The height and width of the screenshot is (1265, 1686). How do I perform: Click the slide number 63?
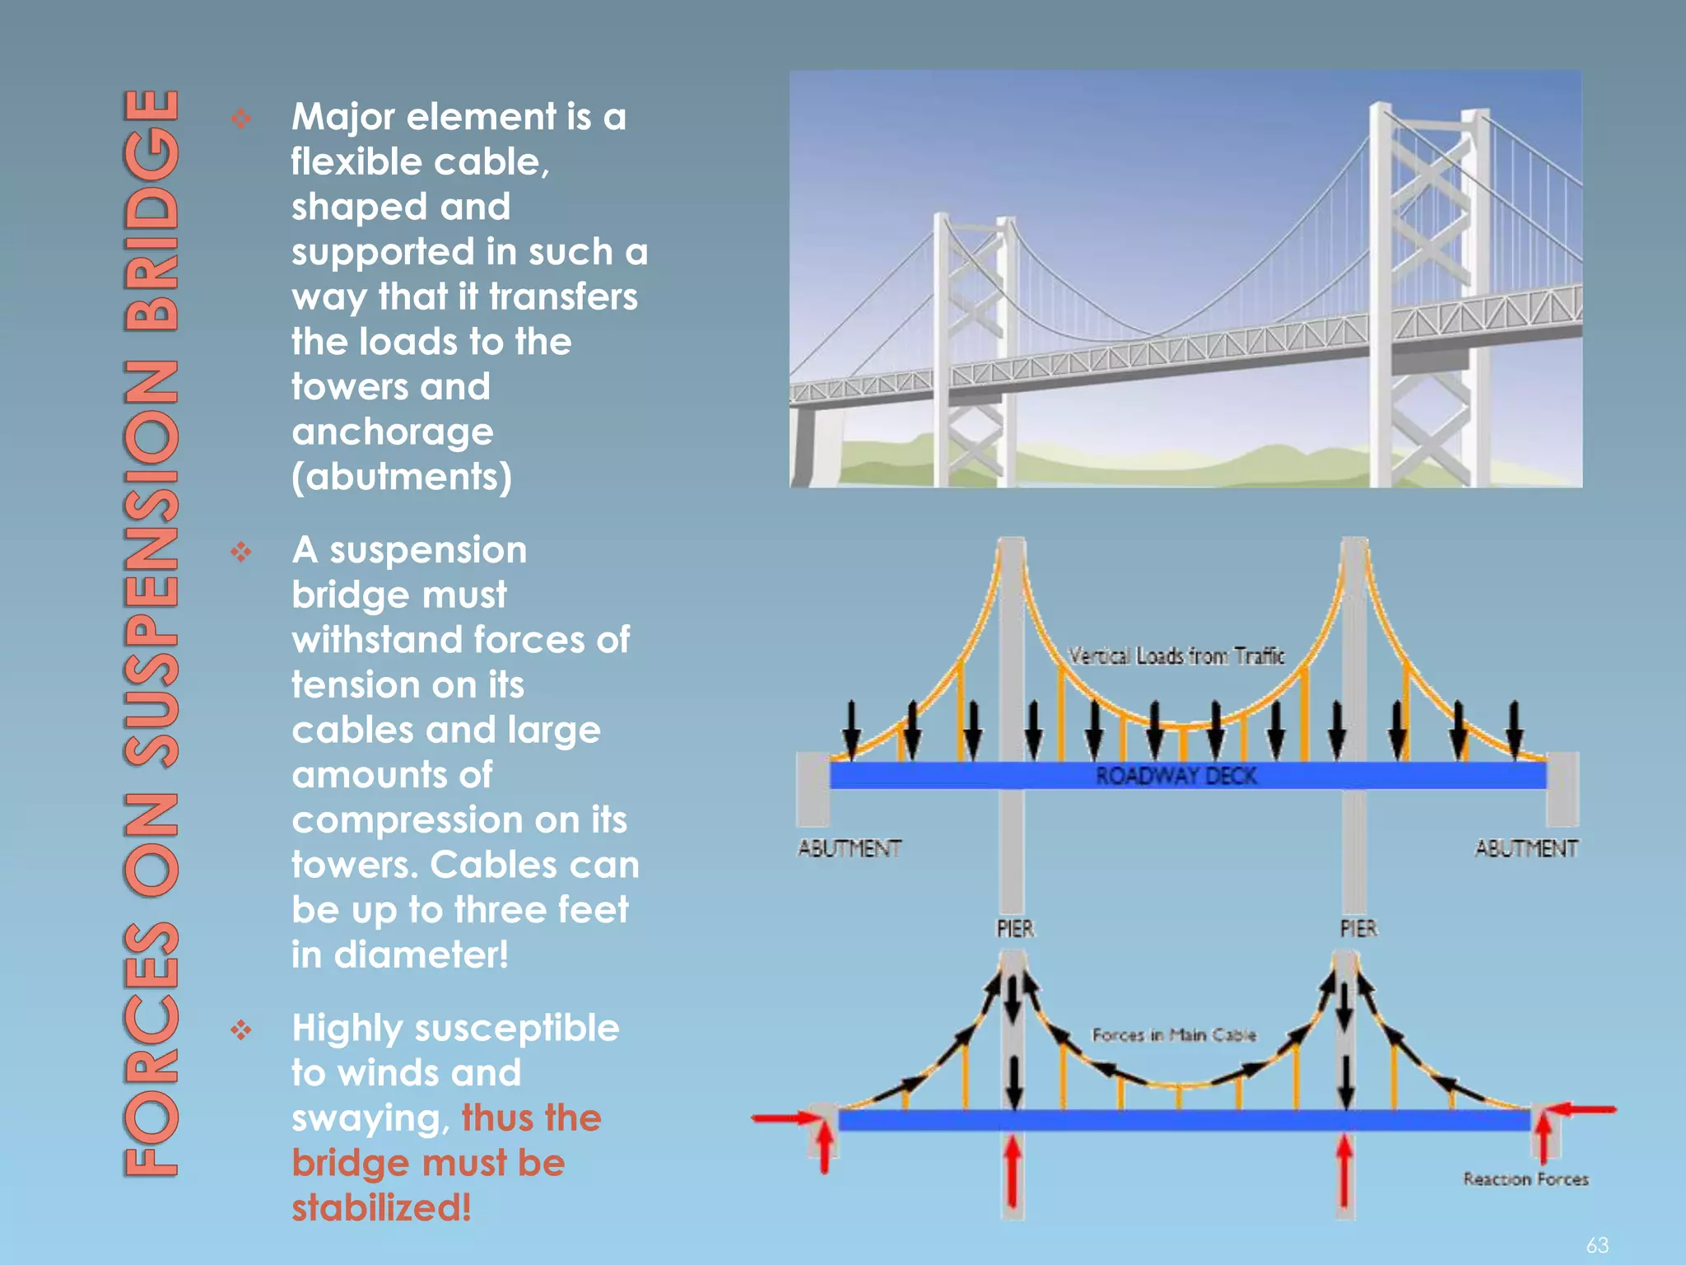(x=1597, y=1244)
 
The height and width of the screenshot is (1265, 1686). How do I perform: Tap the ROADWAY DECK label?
(x=1176, y=776)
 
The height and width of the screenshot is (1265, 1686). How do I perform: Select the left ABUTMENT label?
(x=850, y=848)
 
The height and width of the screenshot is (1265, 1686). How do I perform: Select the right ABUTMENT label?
(x=1526, y=848)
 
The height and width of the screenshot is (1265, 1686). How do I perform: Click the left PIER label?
(x=1014, y=929)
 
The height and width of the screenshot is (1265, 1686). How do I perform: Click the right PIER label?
(x=1358, y=929)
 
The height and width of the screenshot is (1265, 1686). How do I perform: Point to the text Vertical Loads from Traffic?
(x=1176, y=656)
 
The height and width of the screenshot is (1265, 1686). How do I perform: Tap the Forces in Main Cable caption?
(x=1174, y=1035)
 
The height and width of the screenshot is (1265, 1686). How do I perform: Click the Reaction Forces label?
(x=1525, y=1179)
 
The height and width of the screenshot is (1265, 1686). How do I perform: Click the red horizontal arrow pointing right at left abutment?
(x=786, y=1118)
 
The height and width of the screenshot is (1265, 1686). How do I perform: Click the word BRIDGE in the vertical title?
(x=151, y=210)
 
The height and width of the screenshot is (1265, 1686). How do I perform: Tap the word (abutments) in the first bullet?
(x=402, y=477)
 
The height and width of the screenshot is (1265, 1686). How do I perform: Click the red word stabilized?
(x=381, y=1208)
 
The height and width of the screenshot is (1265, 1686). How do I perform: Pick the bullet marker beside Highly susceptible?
(x=241, y=1030)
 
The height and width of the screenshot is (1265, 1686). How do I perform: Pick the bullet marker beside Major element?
(x=241, y=119)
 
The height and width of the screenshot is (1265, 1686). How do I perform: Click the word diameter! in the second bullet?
(x=421, y=955)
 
